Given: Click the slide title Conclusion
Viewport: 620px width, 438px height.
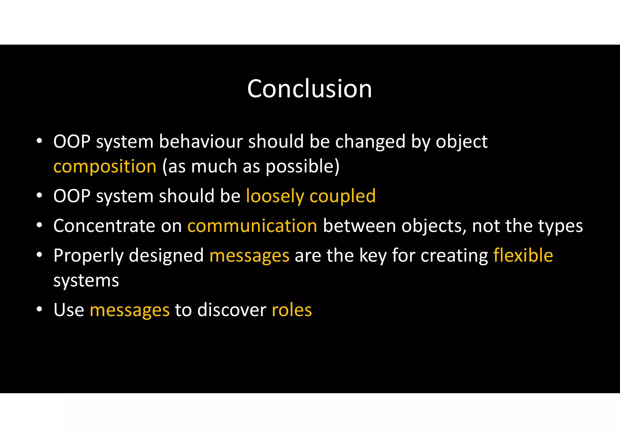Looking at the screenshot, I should point(309,89).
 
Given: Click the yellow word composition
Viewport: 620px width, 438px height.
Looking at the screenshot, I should point(105,166).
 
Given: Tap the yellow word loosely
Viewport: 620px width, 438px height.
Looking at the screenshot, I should point(275,196).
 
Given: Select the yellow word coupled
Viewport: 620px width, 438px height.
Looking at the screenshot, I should point(342,196).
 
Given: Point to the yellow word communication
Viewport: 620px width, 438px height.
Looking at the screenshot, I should point(252,226).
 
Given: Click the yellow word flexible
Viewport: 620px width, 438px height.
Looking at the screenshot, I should point(523,255).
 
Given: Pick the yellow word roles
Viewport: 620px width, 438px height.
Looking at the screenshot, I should point(292,310).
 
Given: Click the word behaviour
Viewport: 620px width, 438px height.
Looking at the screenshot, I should point(201,142).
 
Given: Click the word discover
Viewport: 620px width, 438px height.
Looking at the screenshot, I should point(232,310).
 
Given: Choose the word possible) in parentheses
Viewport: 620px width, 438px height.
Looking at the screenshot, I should point(302,166).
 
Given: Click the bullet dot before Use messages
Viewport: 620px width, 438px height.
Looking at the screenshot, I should point(39,309).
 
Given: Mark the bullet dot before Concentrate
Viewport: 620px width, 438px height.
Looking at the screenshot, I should point(39,225).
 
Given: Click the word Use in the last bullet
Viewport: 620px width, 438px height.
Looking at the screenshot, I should point(69,310).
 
